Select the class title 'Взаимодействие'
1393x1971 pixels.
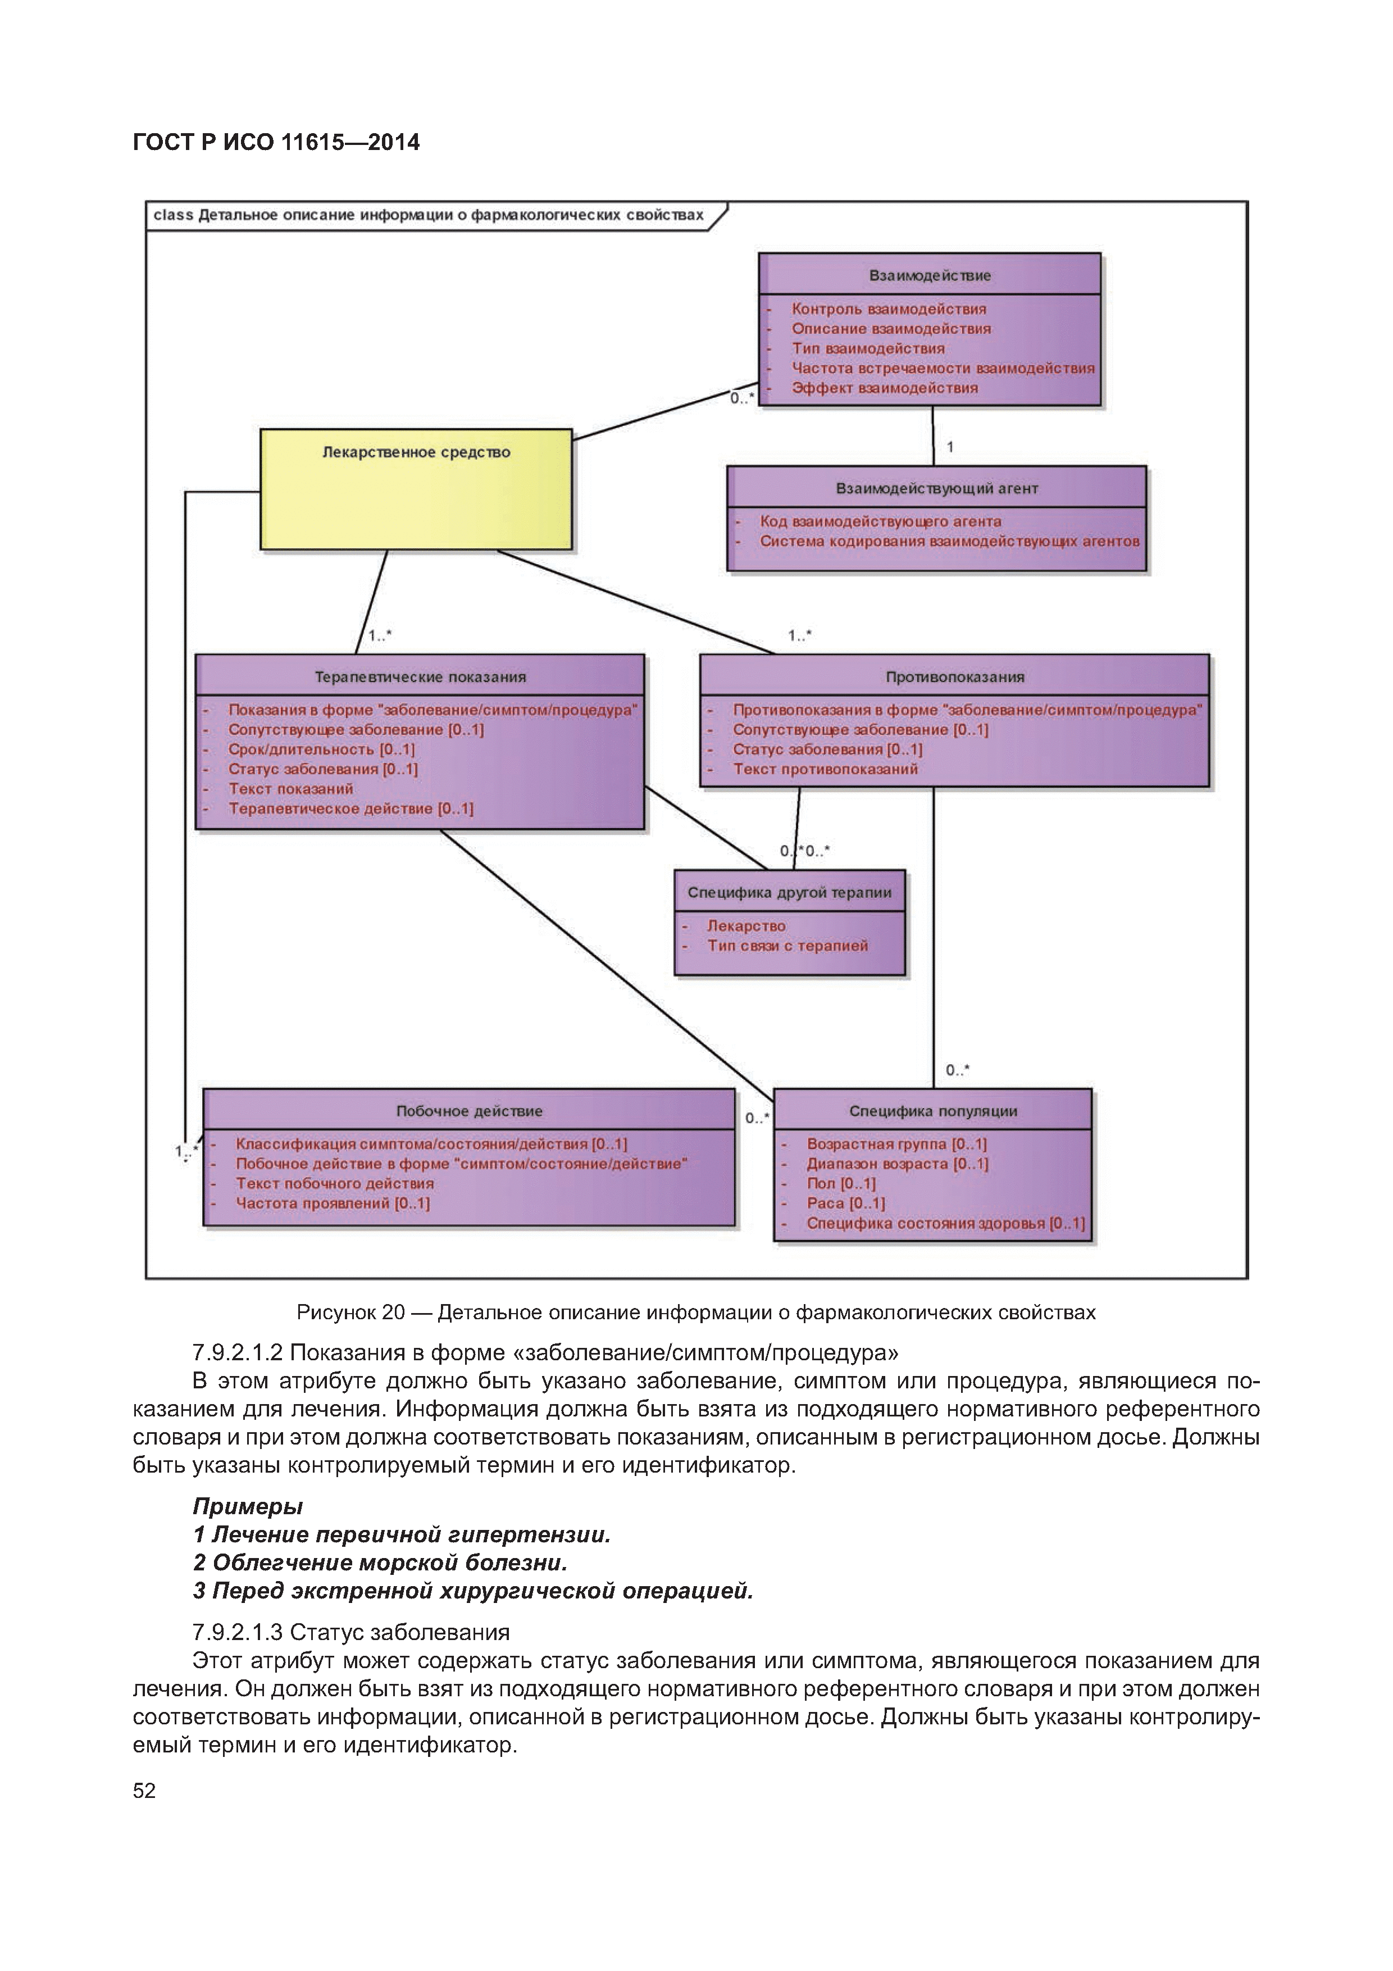[930, 275]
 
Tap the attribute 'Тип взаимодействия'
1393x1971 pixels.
[868, 348]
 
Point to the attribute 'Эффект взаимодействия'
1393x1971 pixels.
[884, 388]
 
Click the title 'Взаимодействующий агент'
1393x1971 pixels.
[936, 488]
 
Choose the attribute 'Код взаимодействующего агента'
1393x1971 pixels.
[880, 521]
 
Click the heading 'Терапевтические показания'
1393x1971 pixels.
[420, 676]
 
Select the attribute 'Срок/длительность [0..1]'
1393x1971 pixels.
[321, 750]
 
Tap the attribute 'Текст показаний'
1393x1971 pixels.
[290, 789]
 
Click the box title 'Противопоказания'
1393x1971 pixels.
[954, 676]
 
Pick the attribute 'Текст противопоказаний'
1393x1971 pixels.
[825, 769]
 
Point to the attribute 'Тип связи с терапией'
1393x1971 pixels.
[787, 946]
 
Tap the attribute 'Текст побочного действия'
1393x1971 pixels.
[335, 1184]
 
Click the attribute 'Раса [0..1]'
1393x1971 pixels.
[845, 1204]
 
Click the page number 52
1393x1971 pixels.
[144, 1791]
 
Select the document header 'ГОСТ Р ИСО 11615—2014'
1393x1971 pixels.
[276, 143]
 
